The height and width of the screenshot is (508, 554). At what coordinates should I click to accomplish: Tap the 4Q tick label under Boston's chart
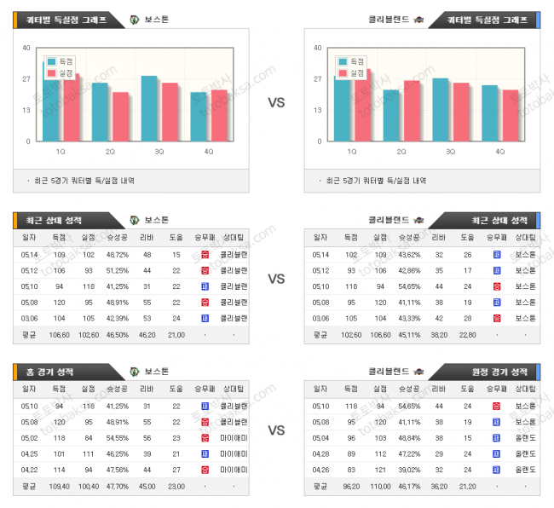(209, 151)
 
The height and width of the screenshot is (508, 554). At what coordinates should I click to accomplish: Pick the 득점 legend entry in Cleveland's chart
(349, 61)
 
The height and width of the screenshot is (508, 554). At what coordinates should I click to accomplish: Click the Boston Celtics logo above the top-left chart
(134, 19)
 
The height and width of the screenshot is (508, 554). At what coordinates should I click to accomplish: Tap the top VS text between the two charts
(276, 102)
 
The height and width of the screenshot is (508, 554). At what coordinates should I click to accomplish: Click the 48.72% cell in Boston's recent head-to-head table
(118, 255)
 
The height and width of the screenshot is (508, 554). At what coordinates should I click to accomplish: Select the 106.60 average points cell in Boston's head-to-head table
(59, 335)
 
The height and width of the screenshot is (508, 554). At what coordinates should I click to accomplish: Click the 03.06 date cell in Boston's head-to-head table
(29, 318)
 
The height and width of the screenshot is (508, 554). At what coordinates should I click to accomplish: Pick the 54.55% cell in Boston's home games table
(118, 436)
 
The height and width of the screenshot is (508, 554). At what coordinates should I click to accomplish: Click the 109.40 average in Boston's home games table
(59, 486)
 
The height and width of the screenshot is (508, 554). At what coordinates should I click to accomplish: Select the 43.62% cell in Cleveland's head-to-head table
(409, 255)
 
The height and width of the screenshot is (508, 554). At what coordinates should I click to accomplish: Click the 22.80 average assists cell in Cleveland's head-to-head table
(467, 335)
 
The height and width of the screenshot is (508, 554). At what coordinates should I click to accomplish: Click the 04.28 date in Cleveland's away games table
(320, 453)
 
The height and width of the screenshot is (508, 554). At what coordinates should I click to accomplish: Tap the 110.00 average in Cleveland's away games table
(379, 486)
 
